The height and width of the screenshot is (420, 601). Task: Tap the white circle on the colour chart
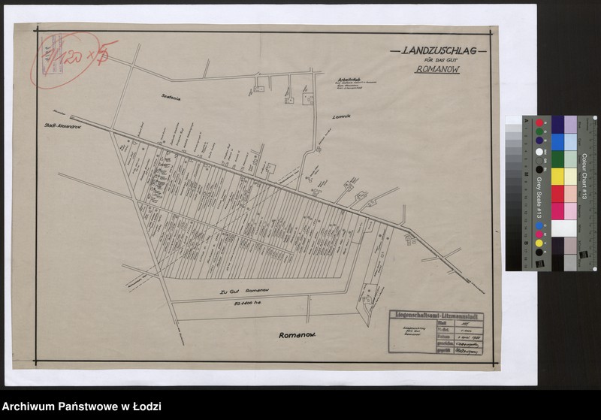(x=539, y=152)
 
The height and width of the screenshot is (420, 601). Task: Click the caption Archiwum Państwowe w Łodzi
(x=81, y=407)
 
